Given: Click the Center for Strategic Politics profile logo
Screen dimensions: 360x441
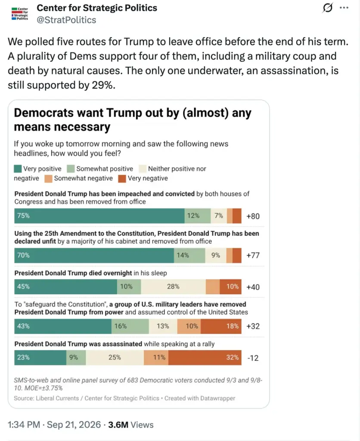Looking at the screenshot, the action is (x=20, y=14).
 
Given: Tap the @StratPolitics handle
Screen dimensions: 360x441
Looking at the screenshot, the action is (x=66, y=20).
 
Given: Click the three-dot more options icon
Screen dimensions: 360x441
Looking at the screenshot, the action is (x=344, y=8).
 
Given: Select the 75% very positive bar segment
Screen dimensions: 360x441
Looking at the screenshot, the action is (x=99, y=216).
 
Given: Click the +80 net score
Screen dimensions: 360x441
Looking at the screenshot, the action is (x=253, y=216).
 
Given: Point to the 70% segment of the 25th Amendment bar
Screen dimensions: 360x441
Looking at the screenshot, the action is (x=94, y=255).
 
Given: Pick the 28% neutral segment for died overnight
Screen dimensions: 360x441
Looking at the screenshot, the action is (x=173, y=286).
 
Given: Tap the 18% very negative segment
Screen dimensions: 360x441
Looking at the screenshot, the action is (x=221, y=326).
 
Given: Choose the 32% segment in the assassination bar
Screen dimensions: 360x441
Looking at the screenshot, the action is (x=205, y=357).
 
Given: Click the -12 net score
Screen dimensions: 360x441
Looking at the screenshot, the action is (x=253, y=358).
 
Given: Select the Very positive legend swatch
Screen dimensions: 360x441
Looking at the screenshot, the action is (x=18, y=169).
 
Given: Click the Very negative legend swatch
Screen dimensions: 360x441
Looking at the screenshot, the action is (x=122, y=179).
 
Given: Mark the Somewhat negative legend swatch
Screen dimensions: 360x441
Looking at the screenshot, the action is (x=48, y=179).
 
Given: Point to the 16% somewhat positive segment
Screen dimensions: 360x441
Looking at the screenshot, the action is (x=130, y=326).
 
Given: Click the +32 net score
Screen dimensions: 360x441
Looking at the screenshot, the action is (x=253, y=326).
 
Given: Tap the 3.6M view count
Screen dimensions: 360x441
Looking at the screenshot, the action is (x=118, y=425).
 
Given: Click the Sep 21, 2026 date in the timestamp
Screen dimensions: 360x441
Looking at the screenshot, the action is (x=74, y=425).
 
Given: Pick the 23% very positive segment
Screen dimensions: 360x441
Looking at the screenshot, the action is (x=40, y=357).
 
